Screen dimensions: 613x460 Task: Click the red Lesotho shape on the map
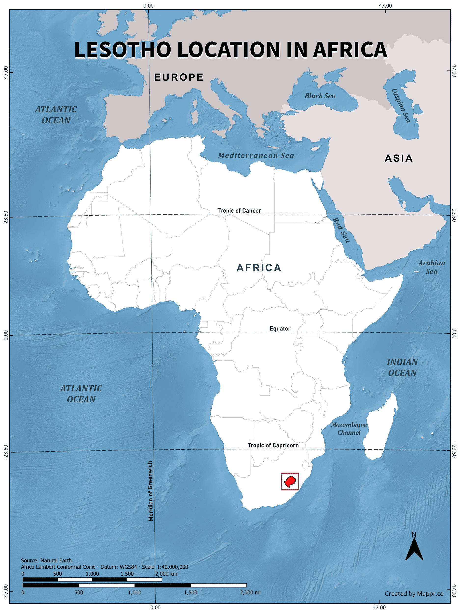pos(290,481)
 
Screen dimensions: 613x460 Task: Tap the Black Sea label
pos(320,96)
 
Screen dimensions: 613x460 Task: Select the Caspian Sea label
pos(401,106)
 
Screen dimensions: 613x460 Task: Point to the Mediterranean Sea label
pos(256,155)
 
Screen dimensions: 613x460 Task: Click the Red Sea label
pos(341,230)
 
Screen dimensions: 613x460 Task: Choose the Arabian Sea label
pos(432,267)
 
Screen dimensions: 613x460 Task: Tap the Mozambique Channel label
pos(349,429)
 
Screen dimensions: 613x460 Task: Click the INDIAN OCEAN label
pos(402,367)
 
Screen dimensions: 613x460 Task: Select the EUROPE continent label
pos(179,77)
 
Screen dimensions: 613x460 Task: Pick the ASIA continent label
pos(399,158)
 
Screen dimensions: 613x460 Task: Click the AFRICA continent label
pos(259,268)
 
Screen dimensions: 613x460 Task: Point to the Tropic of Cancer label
pos(239,211)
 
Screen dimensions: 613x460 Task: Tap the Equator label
pos(280,328)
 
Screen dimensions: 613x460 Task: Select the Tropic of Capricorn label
pos(273,445)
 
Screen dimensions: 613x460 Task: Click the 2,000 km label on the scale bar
pos(166,574)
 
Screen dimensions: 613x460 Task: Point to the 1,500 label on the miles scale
pos(191,592)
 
